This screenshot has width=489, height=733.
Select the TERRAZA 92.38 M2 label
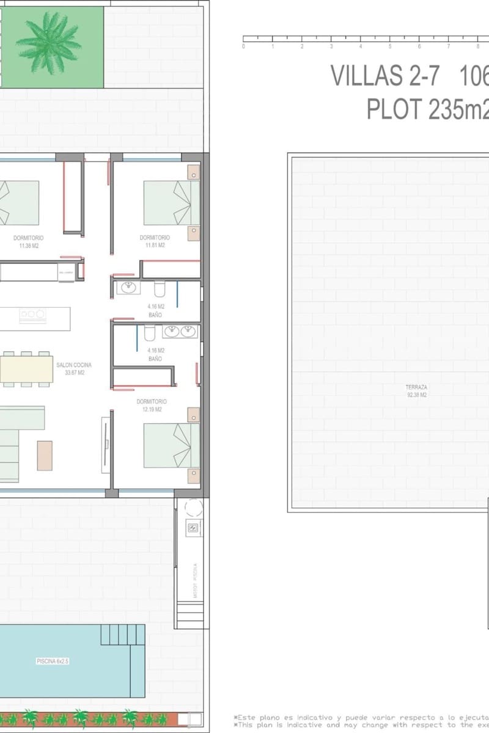coord(416,391)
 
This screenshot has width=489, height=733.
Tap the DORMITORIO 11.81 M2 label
coord(155,241)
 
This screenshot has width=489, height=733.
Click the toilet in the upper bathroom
coord(160,288)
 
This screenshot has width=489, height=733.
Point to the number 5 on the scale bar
coord(390,46)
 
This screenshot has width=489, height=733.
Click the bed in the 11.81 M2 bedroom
coord(172,202)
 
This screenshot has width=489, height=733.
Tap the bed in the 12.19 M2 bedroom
coord(172,445)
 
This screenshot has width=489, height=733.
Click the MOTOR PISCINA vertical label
coord(194,580)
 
